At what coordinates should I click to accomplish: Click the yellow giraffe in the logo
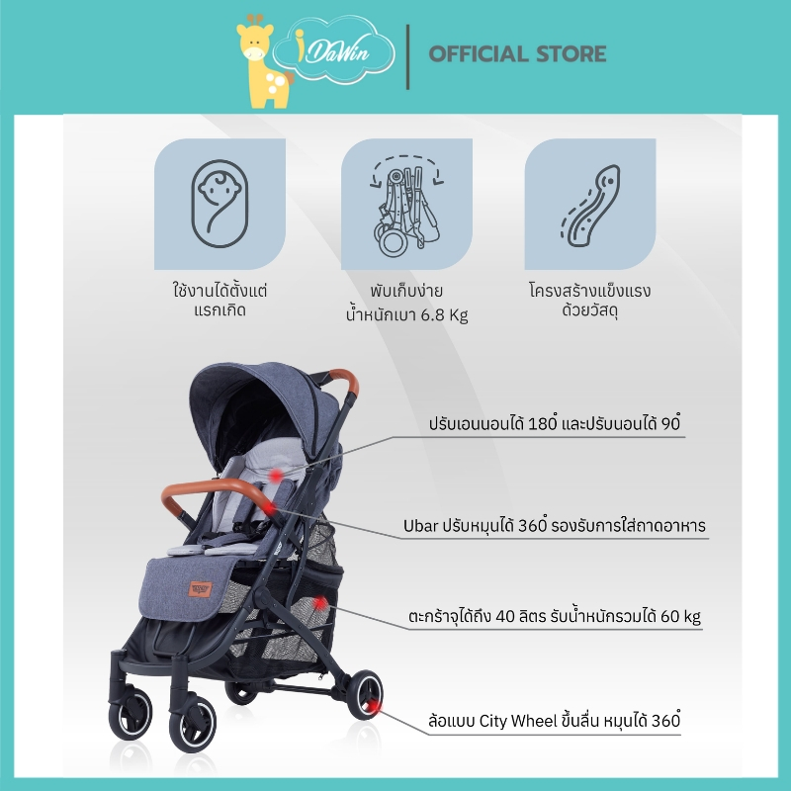262,63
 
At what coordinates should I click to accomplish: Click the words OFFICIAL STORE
517,54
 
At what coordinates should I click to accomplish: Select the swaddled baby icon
220,204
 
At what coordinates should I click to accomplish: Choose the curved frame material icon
590,206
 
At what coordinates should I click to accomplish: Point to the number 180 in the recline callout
542,423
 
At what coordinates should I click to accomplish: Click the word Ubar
421,526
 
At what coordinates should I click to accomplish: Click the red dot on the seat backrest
276,476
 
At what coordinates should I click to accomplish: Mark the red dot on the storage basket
320,602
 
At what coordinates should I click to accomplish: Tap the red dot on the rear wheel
373,707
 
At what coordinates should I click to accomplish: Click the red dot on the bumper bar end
270,507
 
